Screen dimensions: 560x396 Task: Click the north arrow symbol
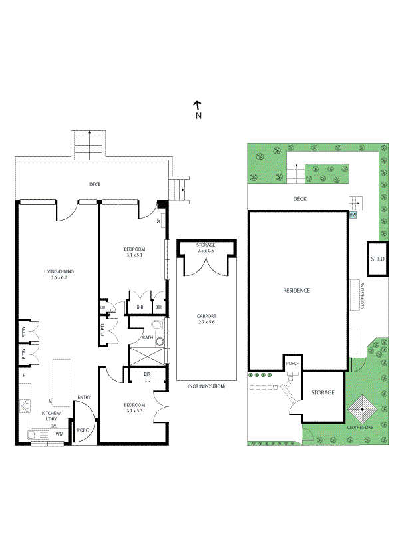pos(198,105)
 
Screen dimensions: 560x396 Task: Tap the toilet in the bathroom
pos(156,325)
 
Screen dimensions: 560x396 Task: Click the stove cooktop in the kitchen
pos(25,405)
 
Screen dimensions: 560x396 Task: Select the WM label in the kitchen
pos(59,434)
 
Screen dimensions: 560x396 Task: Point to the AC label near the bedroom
pos(159,221)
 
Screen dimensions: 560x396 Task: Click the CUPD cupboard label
pos(104,330)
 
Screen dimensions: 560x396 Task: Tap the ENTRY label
pos(84,398)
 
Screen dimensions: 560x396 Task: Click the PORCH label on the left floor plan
pos(84,430)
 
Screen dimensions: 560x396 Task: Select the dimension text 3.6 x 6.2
pos(59,277)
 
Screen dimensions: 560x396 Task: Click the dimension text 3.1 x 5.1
pos(134,255)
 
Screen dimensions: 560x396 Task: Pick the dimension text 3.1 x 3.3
pos(134,410)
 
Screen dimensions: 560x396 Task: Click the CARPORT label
pos(206,316)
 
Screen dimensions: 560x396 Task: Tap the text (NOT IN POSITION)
pos(206,386)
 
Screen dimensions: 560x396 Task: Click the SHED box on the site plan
pos(377,259)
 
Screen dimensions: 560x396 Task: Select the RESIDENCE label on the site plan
pos(296,291)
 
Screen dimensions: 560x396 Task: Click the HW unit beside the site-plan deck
pos(353,215)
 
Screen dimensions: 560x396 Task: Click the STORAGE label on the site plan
pos(324,392)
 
